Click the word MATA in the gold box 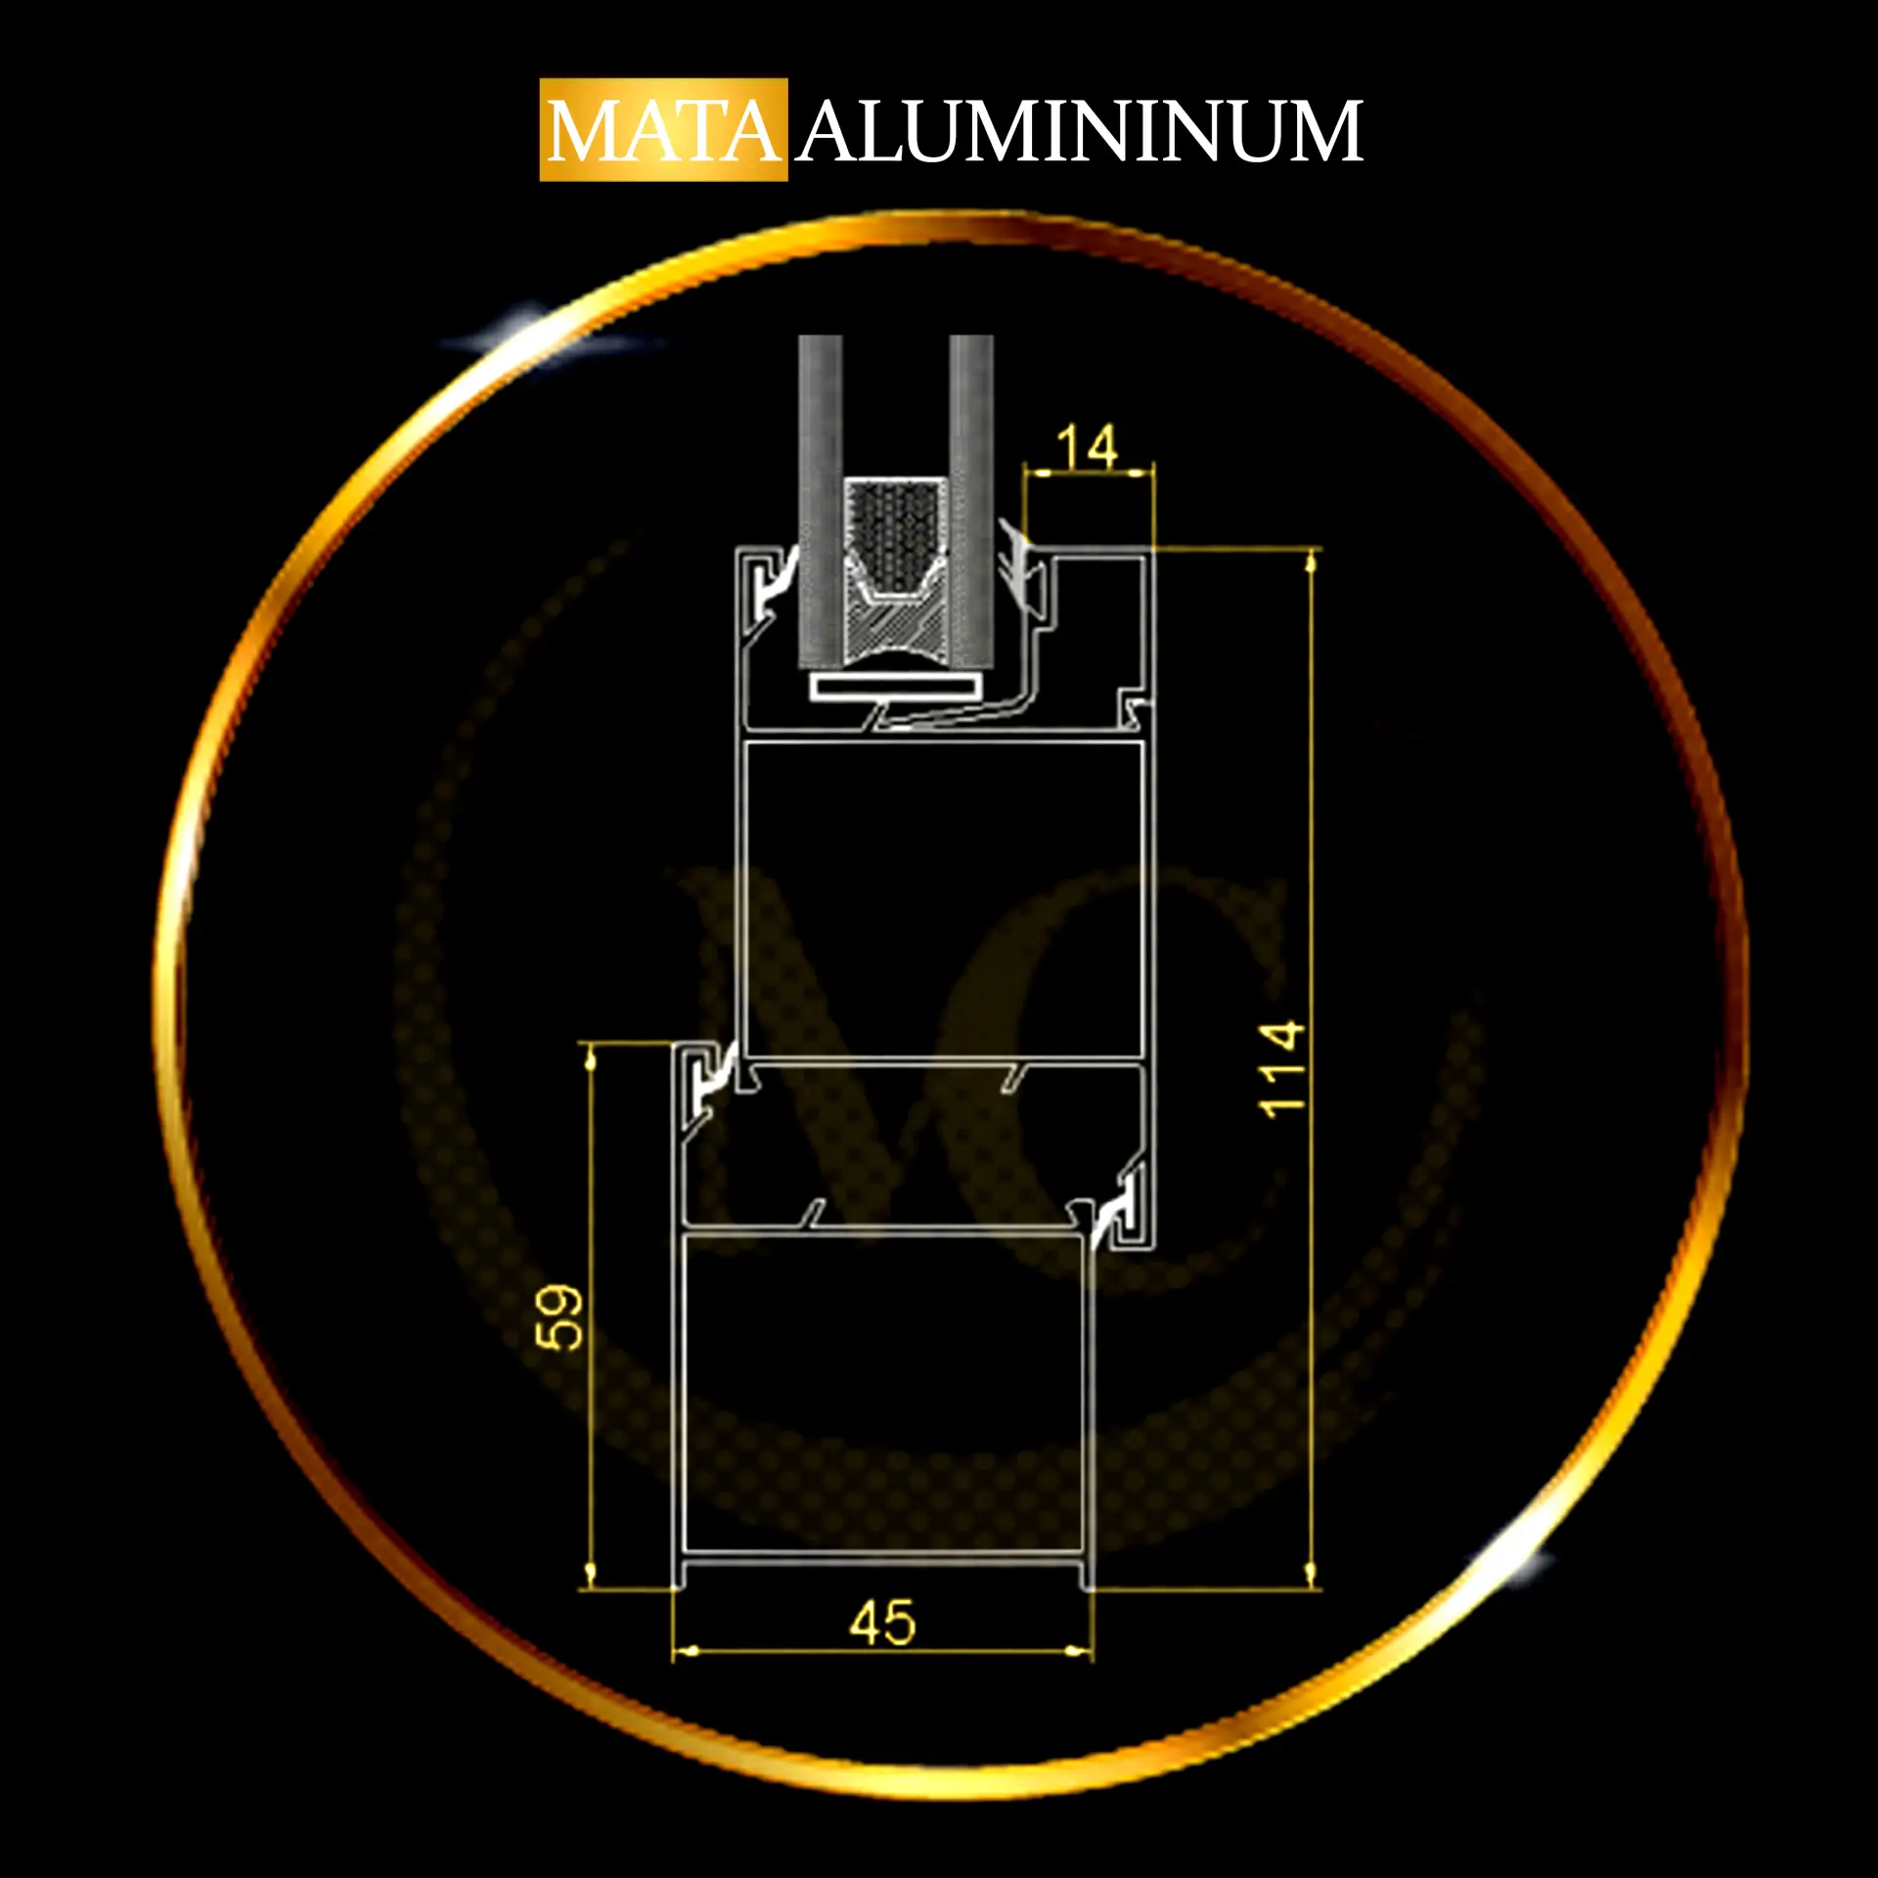pyautogui.click(x=663, y=131)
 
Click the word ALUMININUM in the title pyautogui.click(x=1080, y=131)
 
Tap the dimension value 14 pyautogui.click(x=1087, y=447)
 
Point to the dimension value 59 pyautogui.click(x=560, y=1318)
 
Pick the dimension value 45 pyautogui.click(x=882, y=1623)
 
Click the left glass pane pyautogui.click(x=820, y=502)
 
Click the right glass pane pyautogui.click(x=970, y=502)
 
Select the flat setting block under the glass pyautogui.click(x=895, y=688)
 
